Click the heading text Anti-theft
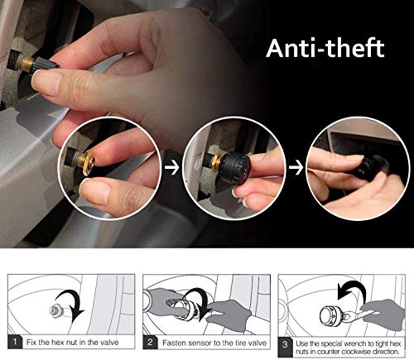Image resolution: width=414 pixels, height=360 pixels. [325, 47]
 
